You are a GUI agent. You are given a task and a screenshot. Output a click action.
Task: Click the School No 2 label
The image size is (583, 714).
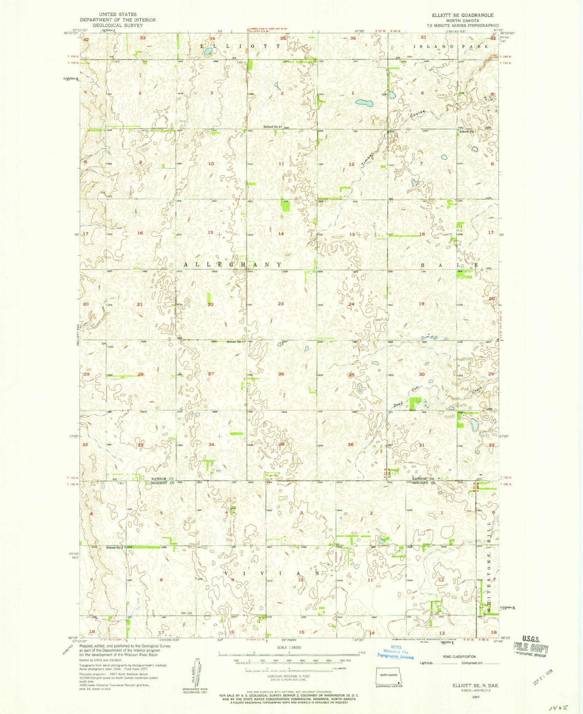273,127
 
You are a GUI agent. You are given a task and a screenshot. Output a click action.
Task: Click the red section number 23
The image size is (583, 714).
281,304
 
